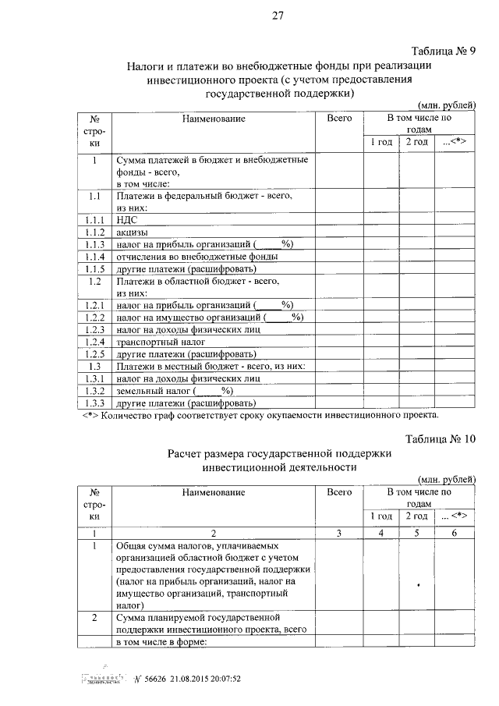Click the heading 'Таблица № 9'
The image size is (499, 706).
441,51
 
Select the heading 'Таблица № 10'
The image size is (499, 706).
439,439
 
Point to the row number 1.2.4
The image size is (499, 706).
94,342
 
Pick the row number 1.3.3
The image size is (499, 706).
94,403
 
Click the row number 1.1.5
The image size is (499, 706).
94,269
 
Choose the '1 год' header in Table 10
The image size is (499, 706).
380,516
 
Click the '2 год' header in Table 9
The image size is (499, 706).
416,142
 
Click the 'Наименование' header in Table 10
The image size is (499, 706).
214,492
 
